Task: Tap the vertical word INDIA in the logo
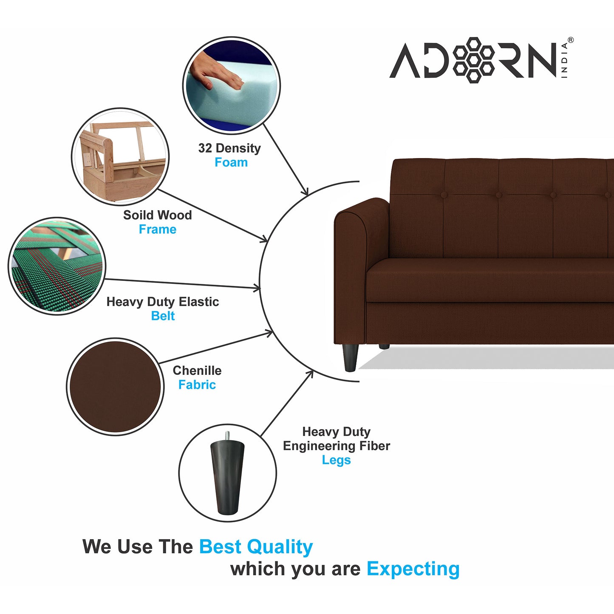[564, 60]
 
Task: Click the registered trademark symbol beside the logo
[571, 40]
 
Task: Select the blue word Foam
[231, 162]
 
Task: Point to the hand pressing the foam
[215, 72]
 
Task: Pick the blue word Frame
[157, 229]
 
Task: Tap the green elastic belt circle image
[57, 266]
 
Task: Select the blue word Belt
[163, 316]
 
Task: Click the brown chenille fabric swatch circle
[115, 387]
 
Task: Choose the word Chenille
[197, 371]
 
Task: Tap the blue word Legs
[336, 460]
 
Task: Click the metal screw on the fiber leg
[227, 436]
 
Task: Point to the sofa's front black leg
[351, 357]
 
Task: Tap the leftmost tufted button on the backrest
[444, 195]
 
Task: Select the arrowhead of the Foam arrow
[305, 192]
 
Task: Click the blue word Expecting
[413, 569]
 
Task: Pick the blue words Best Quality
[256, 547]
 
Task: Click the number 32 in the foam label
[205, 148]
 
